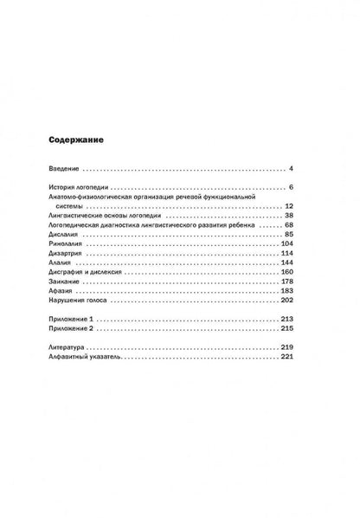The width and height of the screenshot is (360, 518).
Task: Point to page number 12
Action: tap(290, 206)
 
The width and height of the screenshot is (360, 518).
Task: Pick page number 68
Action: tap(290, 225)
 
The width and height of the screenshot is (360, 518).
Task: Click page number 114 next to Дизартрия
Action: tap(288, 253)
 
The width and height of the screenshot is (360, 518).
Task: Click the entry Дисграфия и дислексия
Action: tap(93, 272)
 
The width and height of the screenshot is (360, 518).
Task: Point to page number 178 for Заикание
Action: tap(288, 282)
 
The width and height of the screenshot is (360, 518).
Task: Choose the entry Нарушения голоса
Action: tap(85, 301)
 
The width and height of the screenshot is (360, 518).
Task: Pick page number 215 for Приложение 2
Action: tap(288, 329)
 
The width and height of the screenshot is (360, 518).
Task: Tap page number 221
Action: tap(288, 357)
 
